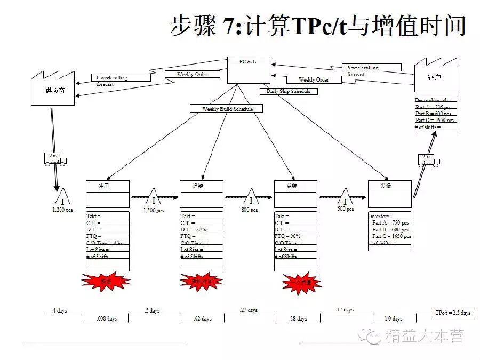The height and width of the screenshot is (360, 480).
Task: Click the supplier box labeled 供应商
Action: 52,90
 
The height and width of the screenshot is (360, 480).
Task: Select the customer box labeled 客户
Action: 435,78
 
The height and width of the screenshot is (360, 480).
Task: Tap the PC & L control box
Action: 248,70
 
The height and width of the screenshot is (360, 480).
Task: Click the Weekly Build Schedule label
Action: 227,109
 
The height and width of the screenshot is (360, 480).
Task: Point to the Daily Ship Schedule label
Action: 288,91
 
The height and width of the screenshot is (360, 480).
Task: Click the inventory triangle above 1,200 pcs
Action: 63,198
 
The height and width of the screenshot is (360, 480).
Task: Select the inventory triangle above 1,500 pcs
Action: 154,197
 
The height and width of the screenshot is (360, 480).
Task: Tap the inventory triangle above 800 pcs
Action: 251,197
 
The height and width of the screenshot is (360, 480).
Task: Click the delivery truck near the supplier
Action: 55,159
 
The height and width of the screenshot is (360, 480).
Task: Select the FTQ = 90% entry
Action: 288,236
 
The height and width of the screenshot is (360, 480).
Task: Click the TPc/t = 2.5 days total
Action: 452,313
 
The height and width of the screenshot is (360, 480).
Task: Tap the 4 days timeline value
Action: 60,310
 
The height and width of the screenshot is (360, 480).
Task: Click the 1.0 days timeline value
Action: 394,318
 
